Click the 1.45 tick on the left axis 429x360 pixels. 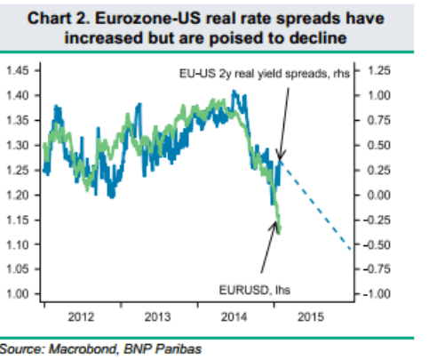click(x=19, y=70)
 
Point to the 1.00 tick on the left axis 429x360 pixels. click(x=19, y=294)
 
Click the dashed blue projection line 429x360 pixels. click(x=320, y=204)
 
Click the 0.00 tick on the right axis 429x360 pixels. click(x=381, y=195)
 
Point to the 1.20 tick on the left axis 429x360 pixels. click(x=19, y=195)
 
